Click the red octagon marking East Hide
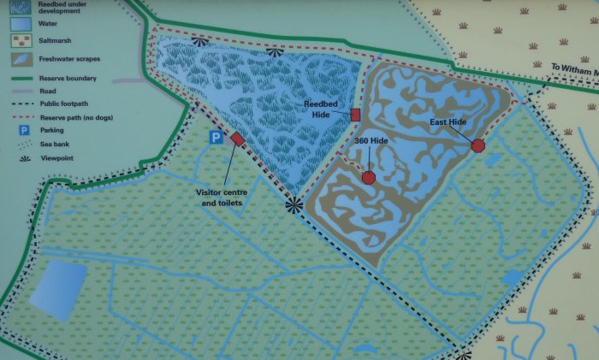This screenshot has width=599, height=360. (477, 145)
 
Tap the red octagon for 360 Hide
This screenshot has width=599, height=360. (369, 177)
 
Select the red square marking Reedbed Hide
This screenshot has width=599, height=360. (355, 115)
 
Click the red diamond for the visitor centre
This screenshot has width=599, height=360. (237, 139)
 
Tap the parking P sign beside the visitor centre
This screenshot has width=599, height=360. (217, 138)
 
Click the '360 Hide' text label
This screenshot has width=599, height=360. (371, 141)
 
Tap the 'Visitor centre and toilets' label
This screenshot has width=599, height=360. (221, 198)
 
